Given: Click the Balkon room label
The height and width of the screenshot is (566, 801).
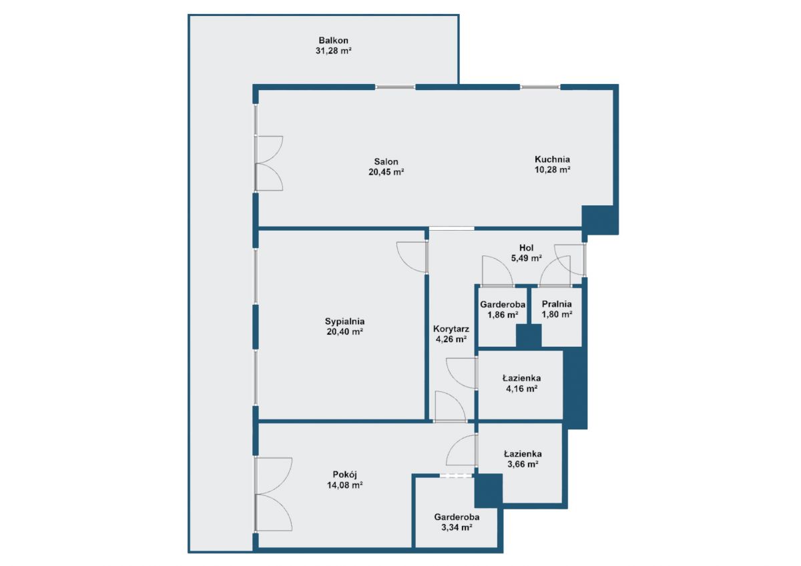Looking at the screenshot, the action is (333, 41).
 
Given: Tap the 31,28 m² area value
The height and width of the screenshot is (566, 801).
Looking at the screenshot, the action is (333, 51).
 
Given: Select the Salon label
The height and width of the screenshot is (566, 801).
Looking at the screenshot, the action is (386, 161).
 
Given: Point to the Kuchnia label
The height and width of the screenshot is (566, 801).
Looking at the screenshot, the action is (552, 159).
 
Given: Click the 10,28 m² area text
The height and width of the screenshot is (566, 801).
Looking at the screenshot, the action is (552, 169).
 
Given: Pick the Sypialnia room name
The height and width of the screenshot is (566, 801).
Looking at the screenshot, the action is (344, 321).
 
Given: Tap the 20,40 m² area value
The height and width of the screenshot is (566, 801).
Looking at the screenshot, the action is (344, 332).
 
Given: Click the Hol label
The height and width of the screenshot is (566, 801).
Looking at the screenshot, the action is (527, 248).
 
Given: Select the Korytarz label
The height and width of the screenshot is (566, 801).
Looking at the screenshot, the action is (451, 329).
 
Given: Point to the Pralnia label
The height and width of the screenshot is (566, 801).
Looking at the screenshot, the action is (557, 304).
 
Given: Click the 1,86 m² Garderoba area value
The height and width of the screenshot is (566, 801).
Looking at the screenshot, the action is (503, 315).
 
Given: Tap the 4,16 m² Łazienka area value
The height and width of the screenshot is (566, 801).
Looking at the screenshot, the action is (522, 389).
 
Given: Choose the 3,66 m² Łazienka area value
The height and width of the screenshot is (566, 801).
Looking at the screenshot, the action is (523, 464).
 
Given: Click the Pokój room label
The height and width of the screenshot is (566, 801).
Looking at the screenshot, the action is (344, 475).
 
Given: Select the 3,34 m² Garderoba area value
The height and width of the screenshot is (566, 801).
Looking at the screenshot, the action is (457, 527).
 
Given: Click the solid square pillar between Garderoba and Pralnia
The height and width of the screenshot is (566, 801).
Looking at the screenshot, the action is (529, 336).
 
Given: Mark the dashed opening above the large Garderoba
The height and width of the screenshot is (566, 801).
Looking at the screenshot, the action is (456, 475).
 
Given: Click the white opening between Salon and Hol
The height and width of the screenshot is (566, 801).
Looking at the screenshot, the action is (452, 229).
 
